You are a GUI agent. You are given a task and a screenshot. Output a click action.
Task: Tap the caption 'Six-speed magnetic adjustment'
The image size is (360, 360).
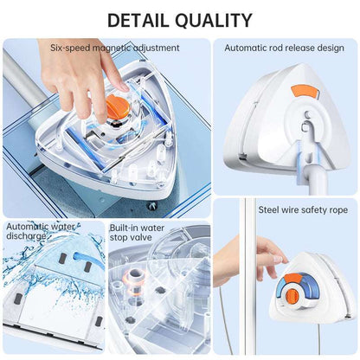click(x=114, y=48)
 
